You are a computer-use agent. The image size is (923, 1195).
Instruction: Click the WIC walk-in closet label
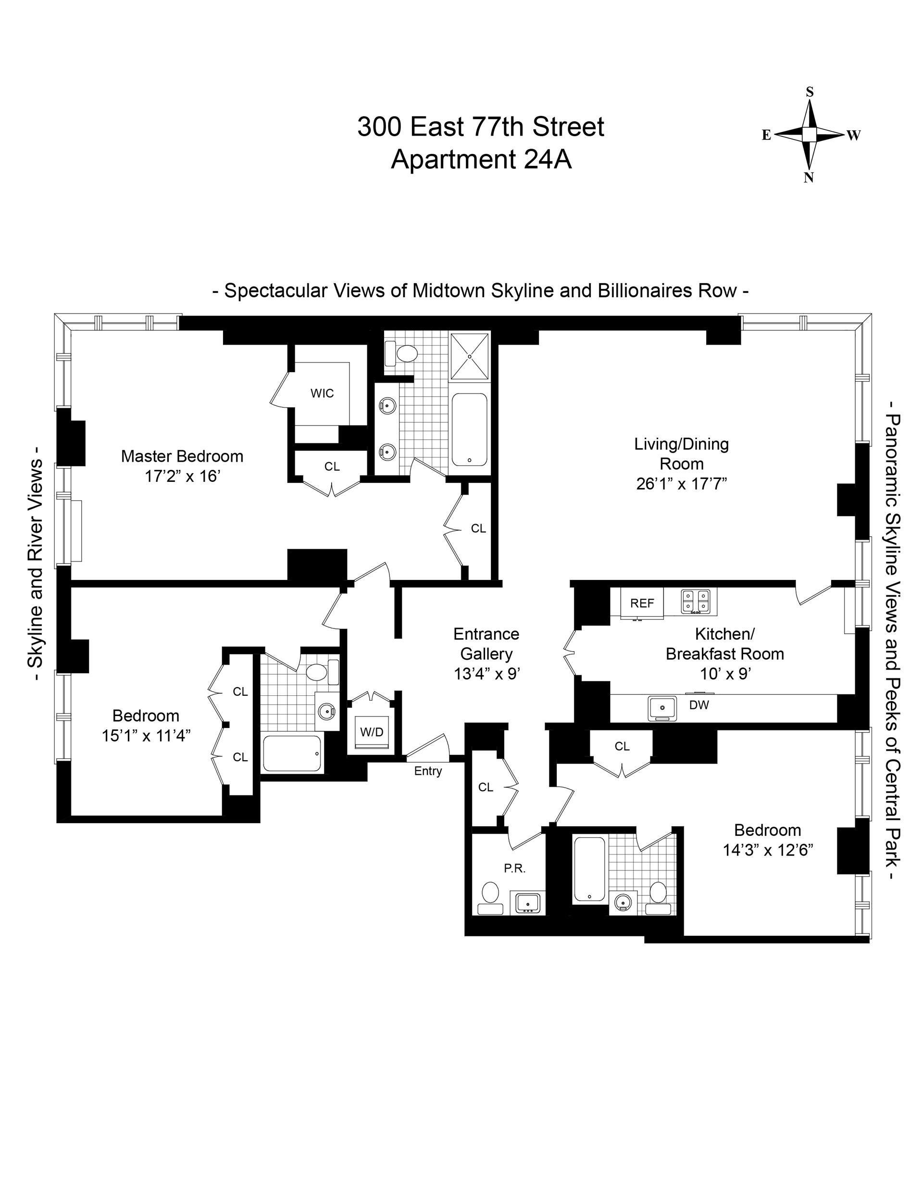(322, 393)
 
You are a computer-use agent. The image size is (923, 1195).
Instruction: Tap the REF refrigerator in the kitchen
(642, 604)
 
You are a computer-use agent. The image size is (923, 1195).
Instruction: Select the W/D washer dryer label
(372, 732)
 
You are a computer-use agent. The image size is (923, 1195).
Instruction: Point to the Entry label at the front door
(428, 771)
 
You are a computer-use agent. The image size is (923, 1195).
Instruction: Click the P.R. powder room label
(515, 868)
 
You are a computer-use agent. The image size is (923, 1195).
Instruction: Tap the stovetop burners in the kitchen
(695, 601)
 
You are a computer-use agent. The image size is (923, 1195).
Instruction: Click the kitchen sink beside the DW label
(662, 708)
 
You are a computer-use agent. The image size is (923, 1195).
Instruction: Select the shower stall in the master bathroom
(470, 356)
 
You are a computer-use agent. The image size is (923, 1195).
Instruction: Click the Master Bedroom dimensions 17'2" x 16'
(182, 477)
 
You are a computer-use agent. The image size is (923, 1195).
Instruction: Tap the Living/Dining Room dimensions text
(681, 484)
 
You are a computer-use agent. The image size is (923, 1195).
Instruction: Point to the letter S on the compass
(810, 92)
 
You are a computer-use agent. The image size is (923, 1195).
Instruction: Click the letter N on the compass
(809, 177)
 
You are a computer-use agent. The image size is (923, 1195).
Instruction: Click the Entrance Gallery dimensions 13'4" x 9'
(486, 674)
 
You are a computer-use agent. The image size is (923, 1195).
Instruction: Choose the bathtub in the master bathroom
(469, 429)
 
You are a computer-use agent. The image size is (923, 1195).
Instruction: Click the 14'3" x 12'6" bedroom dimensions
(768, 850)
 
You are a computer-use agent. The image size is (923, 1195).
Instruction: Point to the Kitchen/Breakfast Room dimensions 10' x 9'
(724, 674)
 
